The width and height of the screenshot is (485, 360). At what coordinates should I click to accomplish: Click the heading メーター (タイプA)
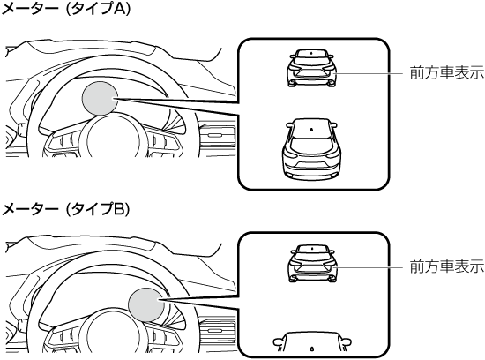(66, 9)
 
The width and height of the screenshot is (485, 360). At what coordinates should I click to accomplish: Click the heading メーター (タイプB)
(65, 210)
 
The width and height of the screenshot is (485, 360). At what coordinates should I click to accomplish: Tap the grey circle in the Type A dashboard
(100, 98)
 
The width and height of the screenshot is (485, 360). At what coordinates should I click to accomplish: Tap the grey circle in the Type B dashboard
(146, 304)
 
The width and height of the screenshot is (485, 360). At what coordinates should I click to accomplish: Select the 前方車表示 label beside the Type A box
(447, 73)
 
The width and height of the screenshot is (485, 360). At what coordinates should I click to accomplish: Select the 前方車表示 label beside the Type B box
(447, 266)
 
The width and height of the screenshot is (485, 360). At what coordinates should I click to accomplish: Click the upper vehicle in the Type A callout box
(312, 68)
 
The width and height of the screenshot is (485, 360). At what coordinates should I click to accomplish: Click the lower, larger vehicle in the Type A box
(312, 149)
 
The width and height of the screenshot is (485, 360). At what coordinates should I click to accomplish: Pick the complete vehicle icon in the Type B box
(312, 264)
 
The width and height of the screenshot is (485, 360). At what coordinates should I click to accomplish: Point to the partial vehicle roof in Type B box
(312, 341)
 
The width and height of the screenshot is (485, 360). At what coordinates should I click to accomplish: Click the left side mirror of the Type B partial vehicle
(278, 341)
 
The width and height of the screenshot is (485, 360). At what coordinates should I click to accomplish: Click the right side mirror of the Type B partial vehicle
(347, 341)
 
